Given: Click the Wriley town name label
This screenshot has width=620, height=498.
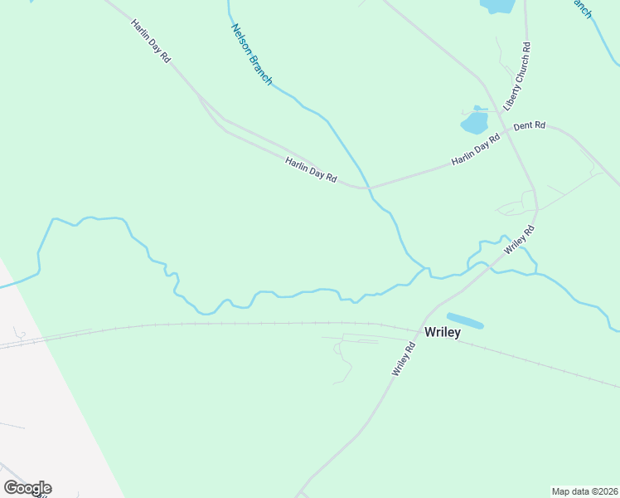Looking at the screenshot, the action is pos(442,332).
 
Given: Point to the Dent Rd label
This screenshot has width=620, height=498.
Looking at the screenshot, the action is pos(529,125).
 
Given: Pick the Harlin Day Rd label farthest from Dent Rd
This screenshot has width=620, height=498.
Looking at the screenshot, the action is pos(150,40).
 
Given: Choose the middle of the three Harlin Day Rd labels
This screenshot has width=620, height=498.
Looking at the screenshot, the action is pos(311,170).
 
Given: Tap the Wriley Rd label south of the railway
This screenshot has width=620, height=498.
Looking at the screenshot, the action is pos(403,359).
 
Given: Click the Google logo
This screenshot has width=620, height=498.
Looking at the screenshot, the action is pos(27,488).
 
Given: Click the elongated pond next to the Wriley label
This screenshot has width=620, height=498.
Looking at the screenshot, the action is pos(465,320).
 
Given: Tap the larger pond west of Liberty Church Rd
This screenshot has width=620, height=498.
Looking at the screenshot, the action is pos(474,124).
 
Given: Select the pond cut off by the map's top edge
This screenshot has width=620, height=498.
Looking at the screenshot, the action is pos(496,5).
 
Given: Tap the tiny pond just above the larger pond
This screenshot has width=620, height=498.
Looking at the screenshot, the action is pos(477,107).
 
